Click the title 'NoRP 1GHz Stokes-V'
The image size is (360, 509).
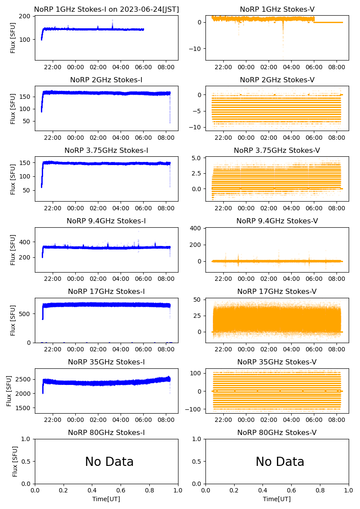coord(277,9)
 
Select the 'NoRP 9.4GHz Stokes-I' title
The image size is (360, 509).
coord(106,221)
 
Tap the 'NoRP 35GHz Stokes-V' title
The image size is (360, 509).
coord(277,362)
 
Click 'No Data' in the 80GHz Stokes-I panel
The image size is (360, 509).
coord(109,462)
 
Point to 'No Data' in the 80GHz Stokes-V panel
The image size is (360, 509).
coord(280,462)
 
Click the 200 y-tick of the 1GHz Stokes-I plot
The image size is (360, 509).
coord(25,17)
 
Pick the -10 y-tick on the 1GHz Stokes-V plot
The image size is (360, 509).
coord(195,49)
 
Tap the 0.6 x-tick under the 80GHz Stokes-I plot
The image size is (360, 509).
coord(121,491)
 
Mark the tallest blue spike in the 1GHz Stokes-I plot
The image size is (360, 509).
coord(112,20)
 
